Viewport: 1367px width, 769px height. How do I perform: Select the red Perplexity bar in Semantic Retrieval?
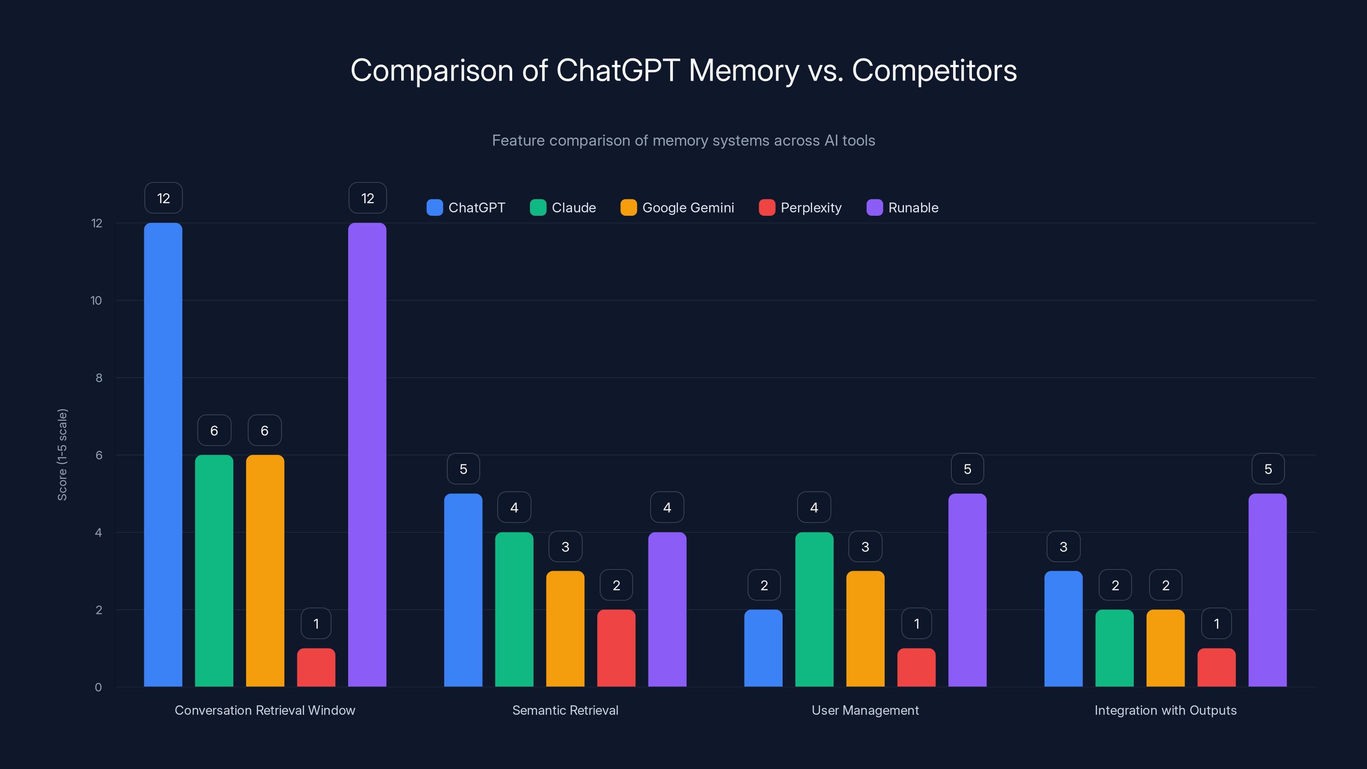click(616, 648)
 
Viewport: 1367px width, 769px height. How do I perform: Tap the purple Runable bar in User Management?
click(967, 590)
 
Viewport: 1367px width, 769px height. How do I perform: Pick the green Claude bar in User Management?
click(814, 609)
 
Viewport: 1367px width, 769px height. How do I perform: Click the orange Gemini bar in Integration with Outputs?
click(1165, 648)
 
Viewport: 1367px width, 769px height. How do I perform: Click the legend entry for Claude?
click(563, 208)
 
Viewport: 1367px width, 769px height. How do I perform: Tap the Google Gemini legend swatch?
click(628, 208)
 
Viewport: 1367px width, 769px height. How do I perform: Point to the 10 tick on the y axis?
click(96, 300)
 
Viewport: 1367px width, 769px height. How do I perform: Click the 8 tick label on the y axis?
click(99, 378)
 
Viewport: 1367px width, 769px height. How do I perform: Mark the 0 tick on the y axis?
click(98, 687)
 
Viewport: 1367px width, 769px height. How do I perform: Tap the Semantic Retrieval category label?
click(565, 710)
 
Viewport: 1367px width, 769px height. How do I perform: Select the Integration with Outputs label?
click(1165, 710)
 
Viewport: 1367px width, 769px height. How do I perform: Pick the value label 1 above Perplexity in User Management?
click(916, 624)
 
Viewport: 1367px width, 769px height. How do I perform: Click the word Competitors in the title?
click(934, 70)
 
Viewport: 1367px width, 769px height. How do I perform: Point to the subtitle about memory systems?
click(683, 140)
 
